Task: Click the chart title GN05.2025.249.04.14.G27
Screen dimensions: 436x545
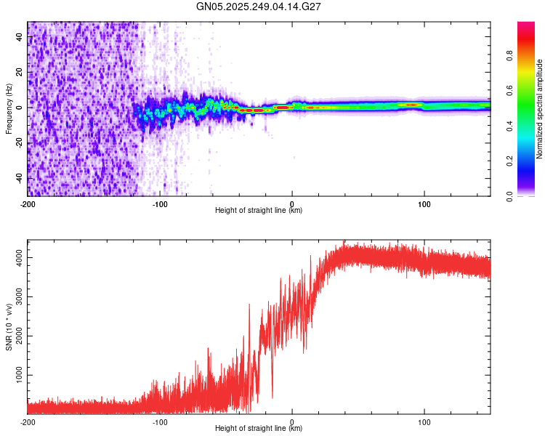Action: point(259,7)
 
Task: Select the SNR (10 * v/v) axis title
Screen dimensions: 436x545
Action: point(9,327)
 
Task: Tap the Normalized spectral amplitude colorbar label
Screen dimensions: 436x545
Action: point(540,109)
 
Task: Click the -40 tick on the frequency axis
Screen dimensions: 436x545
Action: point(20,178)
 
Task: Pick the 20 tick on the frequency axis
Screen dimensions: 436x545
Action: point(20,72)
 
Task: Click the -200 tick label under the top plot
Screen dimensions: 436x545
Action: point(28,203)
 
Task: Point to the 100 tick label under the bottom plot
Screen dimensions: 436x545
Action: point(424,421)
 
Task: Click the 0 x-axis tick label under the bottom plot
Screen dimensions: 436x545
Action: point(292,421)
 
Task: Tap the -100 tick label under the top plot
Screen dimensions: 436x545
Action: point(160,203)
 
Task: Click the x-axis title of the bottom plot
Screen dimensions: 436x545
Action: point(259,429)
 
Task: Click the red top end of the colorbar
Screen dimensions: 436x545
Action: point(525,25)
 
